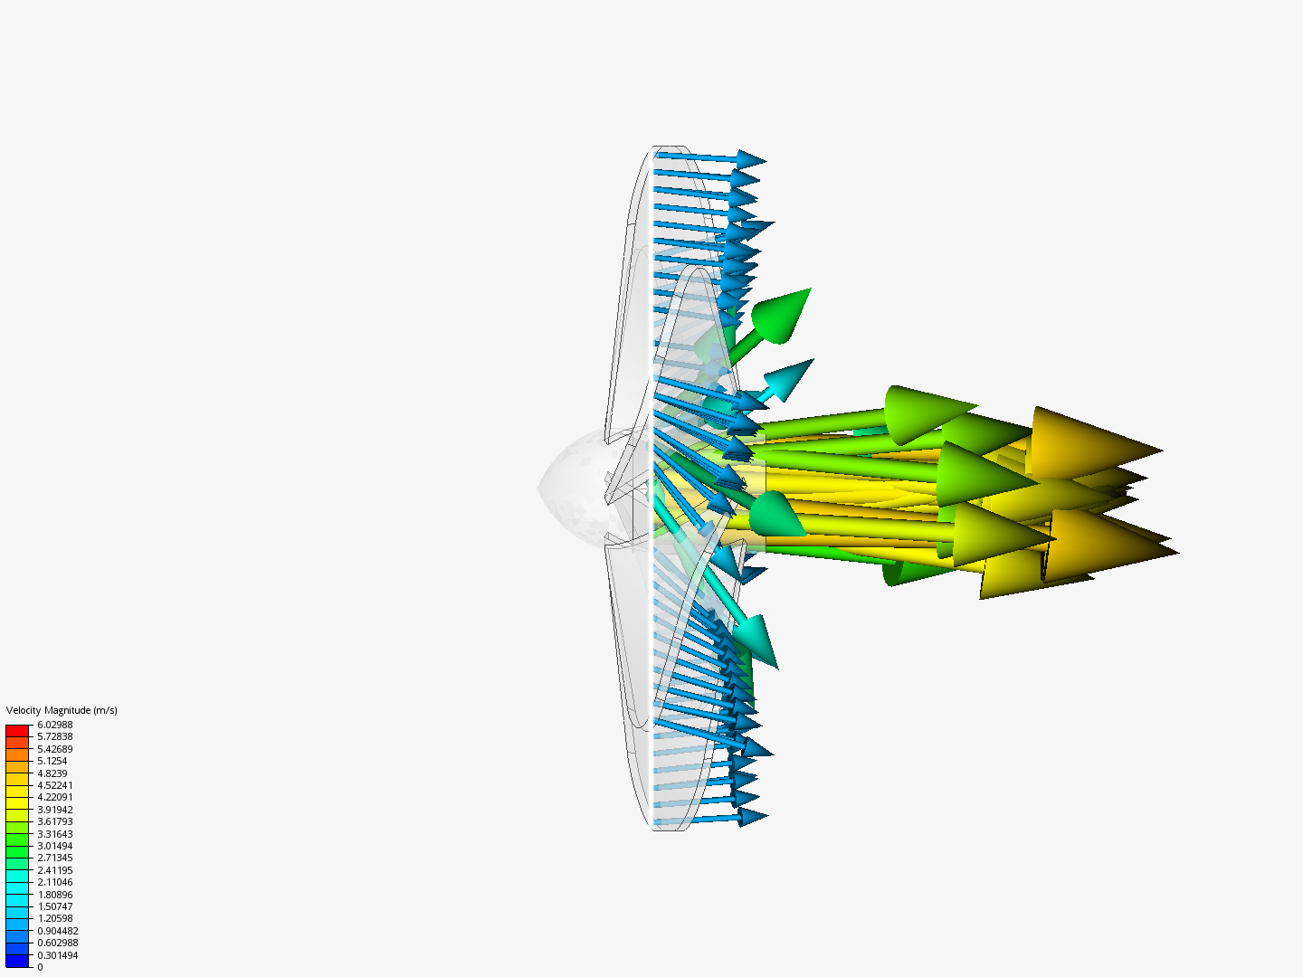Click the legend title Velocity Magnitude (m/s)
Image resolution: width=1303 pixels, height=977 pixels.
[x=62, y=710]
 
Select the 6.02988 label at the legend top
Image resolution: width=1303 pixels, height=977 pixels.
[x=54, y=725]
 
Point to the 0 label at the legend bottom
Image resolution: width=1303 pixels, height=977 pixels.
[x=40, y=967]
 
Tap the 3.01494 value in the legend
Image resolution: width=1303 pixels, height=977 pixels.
[x=54, y=846]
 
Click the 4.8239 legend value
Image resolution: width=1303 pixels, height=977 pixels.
[x=52, y=773]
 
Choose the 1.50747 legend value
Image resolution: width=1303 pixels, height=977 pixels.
[x=54, y=906]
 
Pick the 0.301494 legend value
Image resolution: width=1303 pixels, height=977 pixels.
[x=57, y=955]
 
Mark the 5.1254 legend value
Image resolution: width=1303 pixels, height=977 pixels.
[x=52, y=761]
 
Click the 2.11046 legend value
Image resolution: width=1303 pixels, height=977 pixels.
[x=54, y=882]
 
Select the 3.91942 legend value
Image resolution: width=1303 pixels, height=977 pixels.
[x=54, y=810]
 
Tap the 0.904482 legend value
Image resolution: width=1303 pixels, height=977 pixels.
[x=57, y=931]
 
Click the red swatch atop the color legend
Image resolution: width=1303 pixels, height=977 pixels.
[x=17, y=730]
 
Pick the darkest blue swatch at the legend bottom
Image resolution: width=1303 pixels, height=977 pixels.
[x=17, y=961]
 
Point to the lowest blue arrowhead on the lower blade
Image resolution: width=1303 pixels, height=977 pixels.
[x=752, y=817]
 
